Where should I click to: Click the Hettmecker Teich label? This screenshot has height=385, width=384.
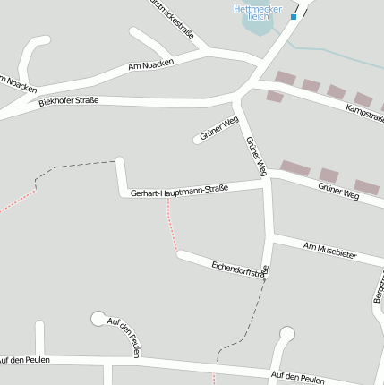pos(258,13)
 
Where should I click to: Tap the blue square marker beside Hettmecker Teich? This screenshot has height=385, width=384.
pos(294,17)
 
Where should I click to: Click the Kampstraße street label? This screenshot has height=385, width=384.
pos(363,113)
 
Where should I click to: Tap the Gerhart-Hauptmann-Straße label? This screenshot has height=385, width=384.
pos(179,191)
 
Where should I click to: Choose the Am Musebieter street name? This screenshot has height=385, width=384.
pos(329,250)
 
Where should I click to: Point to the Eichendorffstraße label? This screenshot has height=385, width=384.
pos(240,268)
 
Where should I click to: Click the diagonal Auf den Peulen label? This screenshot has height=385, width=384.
pos(124,338)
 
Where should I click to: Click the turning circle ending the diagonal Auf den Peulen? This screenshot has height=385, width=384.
pos(98,318)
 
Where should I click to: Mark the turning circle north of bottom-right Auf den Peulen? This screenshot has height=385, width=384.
pos(286,334)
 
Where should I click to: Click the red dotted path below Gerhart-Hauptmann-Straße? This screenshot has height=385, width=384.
pos(172,228)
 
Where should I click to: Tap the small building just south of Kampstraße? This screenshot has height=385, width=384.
pos(274,96)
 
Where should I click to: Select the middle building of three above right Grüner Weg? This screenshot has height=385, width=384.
pos(329,175)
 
